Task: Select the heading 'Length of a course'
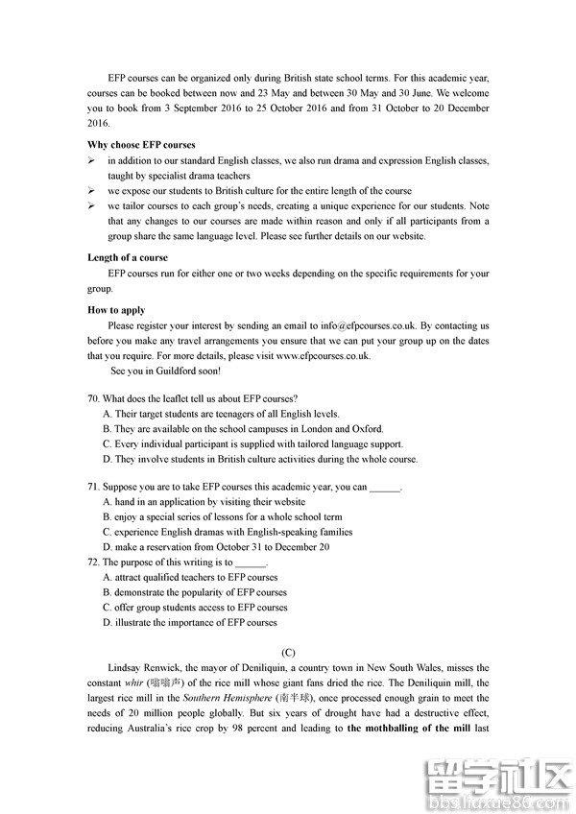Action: (x=128, y=257)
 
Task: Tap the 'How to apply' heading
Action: (x=116, y=310)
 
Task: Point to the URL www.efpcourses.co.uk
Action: (x=323, y=355)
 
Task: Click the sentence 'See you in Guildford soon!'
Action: (x=165, y=371)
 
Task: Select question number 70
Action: (x=93, y=398)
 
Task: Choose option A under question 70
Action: (x=221, y=414)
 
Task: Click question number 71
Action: (x=93, y=487)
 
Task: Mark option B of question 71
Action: (x=228, y=517)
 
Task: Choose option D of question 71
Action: (x=216, y=547)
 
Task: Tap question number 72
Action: (x=93, y=563)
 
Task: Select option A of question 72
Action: (x=190, y=578)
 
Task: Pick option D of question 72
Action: (x=189, y=623)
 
